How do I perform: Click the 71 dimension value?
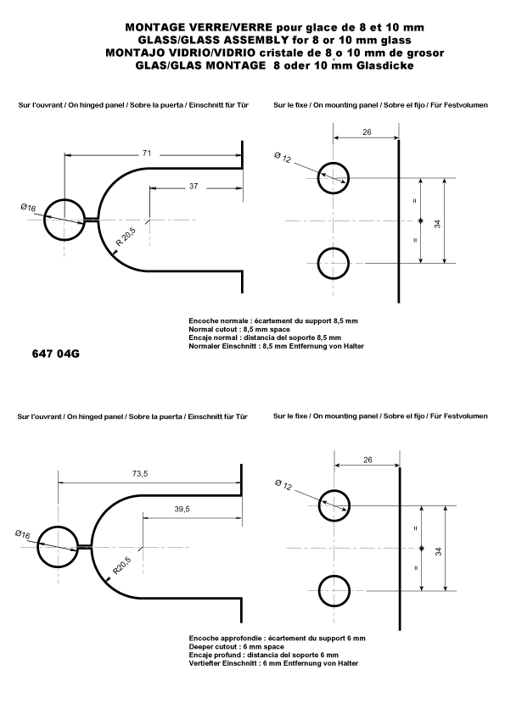click(147, 153)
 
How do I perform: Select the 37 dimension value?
click(194, 186)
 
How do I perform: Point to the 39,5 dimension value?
click(181, 509)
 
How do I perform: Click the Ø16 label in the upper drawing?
click(29, 208)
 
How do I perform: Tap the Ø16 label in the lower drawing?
click(23, 534)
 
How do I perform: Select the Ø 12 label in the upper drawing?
click(283, 159)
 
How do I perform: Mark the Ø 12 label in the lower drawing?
click(283, 485)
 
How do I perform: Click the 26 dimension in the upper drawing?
click(366, 131)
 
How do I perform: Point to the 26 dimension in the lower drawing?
click(366, 460)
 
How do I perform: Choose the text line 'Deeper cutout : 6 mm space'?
click(236, 647)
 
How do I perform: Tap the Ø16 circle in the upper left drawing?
click(65, 220)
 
